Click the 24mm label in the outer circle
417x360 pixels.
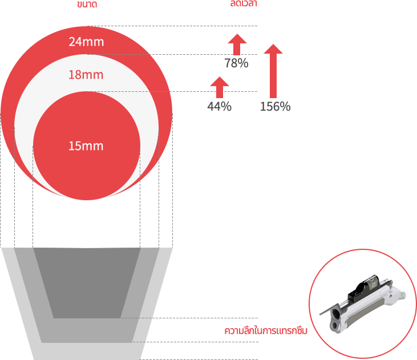[86, 42]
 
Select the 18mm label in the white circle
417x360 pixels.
[86, 75]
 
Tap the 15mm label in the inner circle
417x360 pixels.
[86, 146]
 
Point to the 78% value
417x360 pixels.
[236, 63]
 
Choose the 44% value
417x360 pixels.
[219, 106]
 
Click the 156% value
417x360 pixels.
[275, 106]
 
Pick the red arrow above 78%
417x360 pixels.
[237, 44]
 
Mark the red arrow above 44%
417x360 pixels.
[220, 87]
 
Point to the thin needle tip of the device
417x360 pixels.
[323, 312]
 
